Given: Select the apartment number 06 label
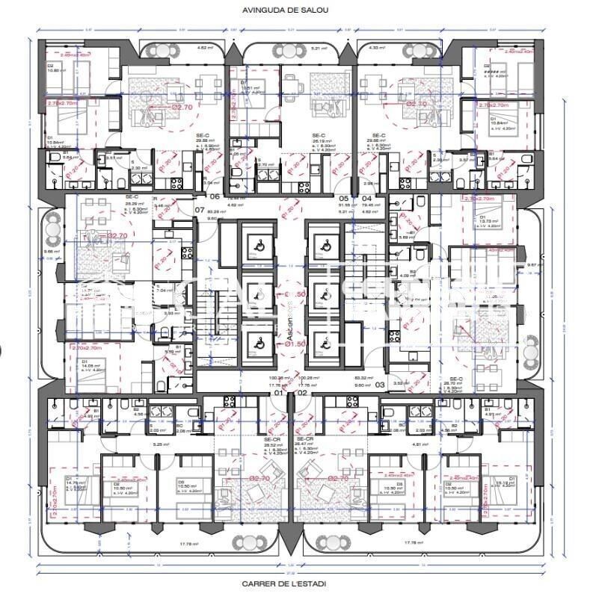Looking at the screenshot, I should point(215,196).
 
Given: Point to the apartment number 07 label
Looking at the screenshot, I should point(200,210).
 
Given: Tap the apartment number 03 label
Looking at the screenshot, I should point(380,385).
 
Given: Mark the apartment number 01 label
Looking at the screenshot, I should point(278,392).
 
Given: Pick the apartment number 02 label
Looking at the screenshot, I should point(302,392).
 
